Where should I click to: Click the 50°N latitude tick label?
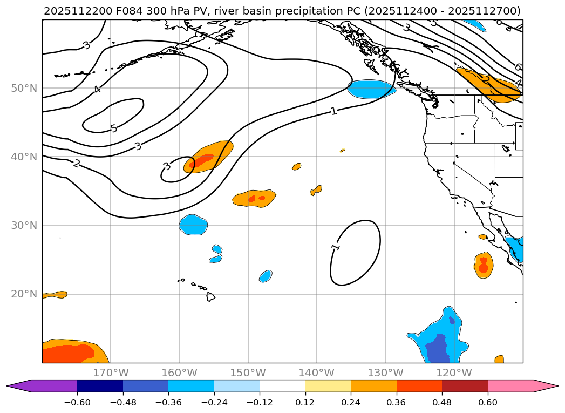click(x=24, y=89)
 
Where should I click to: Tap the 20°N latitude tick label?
click(x=24, y=294)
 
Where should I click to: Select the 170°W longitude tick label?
click(x=111, y=373)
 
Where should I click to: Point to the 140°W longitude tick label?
click(x=317, y=373)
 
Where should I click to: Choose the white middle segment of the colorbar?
click(x=282, y=386)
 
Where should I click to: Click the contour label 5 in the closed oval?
click(x=113, y=128)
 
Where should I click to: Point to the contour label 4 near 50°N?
click(x=97, y=89)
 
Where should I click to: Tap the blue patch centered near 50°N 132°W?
click(x=371, y=89)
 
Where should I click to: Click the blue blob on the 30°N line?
click(x=193, y=225)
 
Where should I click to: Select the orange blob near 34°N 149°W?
click(x=254, y=199)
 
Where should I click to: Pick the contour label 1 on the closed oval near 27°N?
click(x=336, y=247)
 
